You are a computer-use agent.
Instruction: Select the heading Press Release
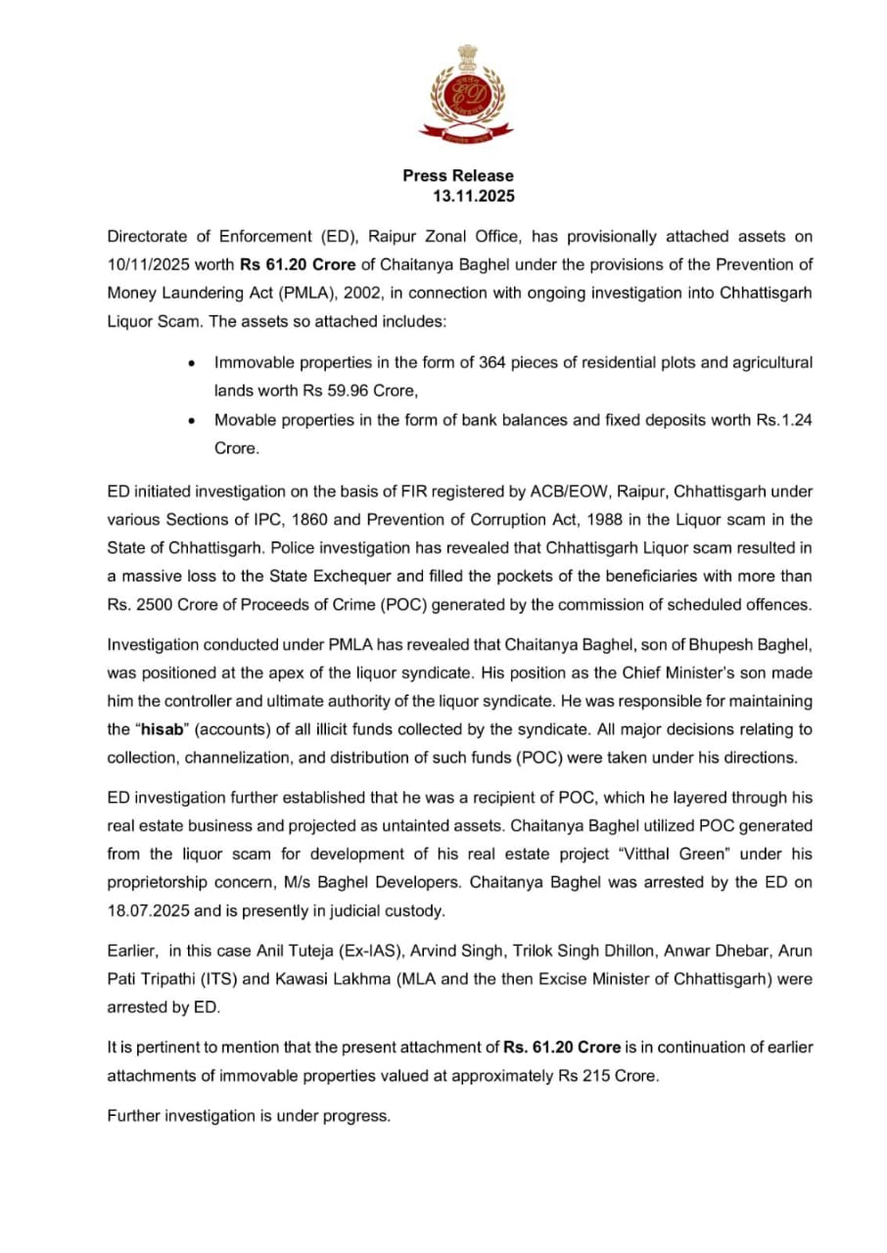click(x=457, y=175)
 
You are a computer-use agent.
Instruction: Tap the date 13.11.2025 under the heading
click(x=474, y=196)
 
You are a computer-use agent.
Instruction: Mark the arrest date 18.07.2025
click(x=150, y=911)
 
